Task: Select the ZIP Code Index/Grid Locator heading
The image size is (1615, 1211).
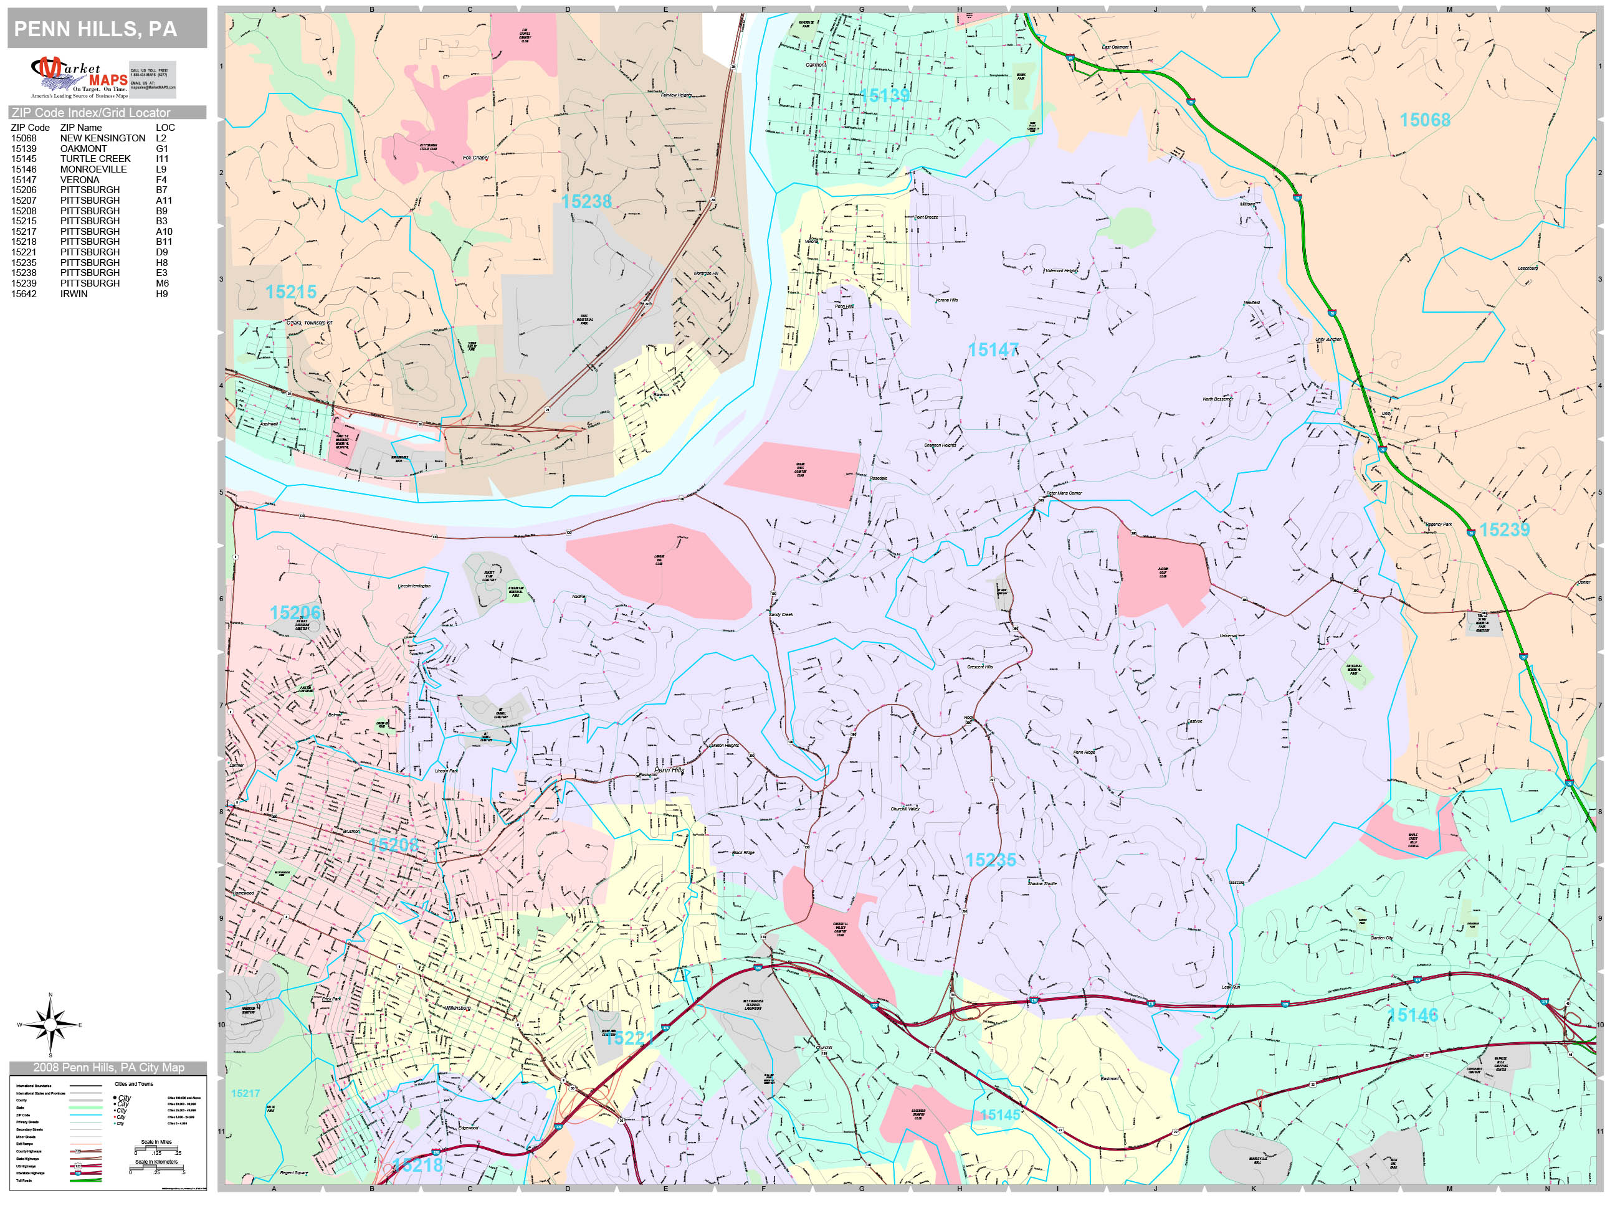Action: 90,112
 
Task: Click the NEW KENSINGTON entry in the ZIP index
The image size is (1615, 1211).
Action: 102,138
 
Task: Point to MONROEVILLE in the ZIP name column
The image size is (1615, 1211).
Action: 93,169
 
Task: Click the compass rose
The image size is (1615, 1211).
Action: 50,1024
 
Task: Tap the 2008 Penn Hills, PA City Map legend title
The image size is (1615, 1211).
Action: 108,1067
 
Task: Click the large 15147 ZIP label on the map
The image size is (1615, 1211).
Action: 992,350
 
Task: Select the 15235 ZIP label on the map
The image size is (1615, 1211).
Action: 990,860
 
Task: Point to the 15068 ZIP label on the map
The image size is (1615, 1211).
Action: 1424,120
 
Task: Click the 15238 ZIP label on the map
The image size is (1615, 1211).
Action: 586,201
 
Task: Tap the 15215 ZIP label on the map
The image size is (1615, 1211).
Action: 290,292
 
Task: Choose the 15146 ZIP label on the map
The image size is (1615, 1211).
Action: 1412,1015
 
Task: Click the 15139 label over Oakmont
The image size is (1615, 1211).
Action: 885,96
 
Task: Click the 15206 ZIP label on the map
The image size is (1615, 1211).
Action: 295,612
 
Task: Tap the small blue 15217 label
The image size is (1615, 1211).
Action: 245,1093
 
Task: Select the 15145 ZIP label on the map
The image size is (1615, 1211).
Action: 999,1114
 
